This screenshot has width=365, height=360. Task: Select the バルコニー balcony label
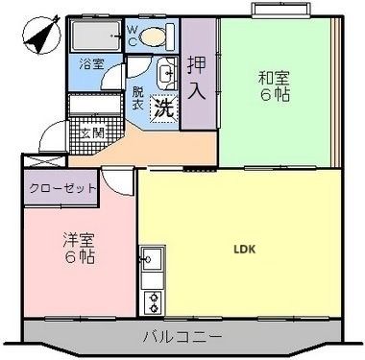[182, 337]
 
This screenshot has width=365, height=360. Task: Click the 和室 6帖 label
[274, 87]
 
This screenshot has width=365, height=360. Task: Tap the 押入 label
[197, 80]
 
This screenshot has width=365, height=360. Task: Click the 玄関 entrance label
[91, 132]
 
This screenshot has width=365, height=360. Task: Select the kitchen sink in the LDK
[152, 260]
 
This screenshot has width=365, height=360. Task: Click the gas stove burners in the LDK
[152, 300]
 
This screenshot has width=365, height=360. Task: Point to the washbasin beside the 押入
[166, 72]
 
